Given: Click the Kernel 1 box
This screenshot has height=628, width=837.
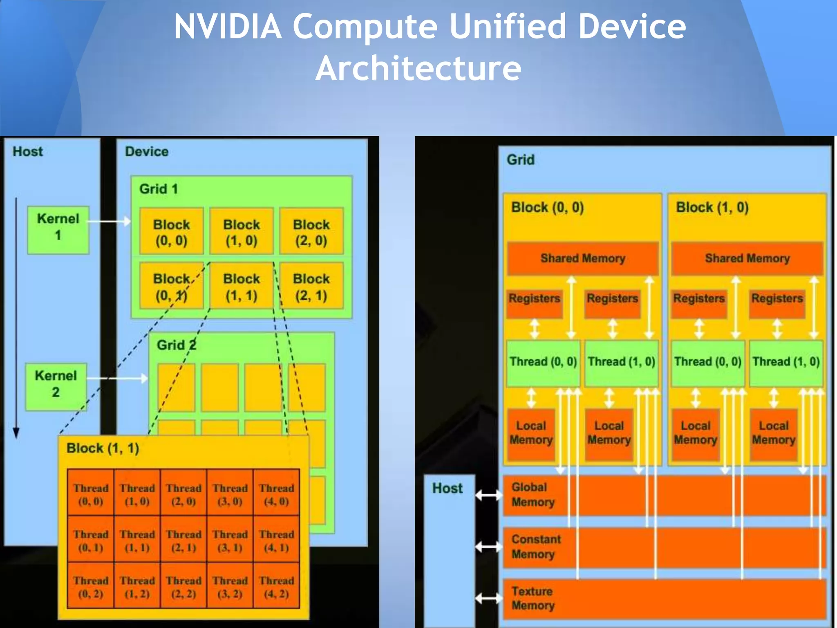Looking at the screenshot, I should click(x=58, y=230).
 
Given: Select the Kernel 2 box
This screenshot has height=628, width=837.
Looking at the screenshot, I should click(x=56, y=386).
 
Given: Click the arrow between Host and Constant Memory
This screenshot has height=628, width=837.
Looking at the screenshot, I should click(x=489, y=546).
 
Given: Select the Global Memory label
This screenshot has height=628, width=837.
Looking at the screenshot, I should click(x=533, y=494).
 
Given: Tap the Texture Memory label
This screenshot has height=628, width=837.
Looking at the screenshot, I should click(x=533, y=598).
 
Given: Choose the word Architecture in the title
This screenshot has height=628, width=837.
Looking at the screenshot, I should click(x=418, y=68).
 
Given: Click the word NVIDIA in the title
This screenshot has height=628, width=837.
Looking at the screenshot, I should click(x=228, y=26).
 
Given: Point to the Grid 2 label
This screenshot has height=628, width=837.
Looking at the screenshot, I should click(x=176, y=345).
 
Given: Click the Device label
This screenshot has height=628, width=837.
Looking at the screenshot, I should click(x=147, y=152).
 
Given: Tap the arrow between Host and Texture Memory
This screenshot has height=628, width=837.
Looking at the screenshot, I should click(x=489, y=599).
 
